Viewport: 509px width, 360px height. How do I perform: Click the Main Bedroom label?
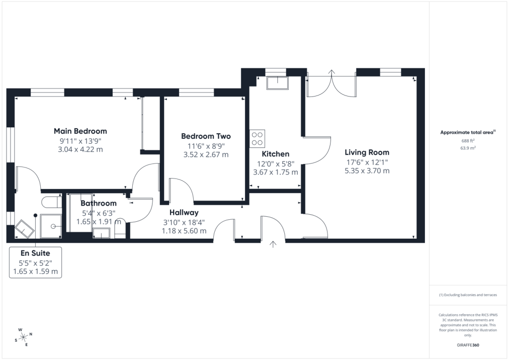[80, 131]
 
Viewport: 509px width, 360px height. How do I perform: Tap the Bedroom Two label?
[206, 136]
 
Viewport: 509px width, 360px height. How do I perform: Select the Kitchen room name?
[275, 154]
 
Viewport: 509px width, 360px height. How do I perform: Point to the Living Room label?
[367, 153]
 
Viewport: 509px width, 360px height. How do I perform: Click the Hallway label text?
[184, 213]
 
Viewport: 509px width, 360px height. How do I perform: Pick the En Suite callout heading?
[35, 253]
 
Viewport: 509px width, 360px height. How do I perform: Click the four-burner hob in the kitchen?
[257, 139]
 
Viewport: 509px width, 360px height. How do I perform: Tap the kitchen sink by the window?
[277, 83]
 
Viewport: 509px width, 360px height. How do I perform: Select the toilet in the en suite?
[52, 202]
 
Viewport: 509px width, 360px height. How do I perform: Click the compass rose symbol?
[24, 338]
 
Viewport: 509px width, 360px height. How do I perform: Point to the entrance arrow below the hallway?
[273, 245]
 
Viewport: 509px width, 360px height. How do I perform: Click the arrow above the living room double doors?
[332, 73]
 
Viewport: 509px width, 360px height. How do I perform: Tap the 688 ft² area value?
[468, 141]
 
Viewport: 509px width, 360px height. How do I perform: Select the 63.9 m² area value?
[468, 148]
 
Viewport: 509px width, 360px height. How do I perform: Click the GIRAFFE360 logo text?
[468, 345]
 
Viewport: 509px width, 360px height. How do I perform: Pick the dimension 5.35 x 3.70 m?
[367, 171]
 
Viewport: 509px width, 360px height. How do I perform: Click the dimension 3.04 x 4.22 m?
[80, 150]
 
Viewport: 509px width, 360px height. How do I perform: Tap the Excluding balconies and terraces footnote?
[468, 295]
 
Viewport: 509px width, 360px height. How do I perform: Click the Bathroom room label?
[98, 203]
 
